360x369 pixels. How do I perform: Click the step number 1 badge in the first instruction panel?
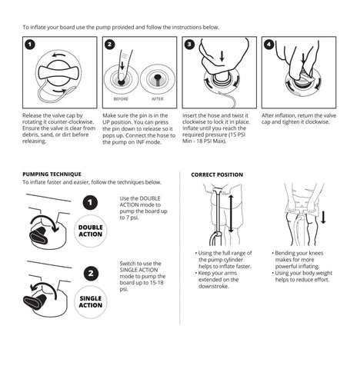[x=30, y=45]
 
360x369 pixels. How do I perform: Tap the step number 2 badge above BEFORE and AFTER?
[x=109, y=45]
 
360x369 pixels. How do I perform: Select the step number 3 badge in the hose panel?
[x=189, y=45]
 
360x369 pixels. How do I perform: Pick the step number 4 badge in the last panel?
[x=269, y=45]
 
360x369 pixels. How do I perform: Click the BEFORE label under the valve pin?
[x=121, y=99]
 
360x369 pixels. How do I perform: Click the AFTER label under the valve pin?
[x=157, y=99]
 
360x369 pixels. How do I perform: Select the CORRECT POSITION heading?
[x=217, y=175]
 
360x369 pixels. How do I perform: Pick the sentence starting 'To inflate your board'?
[x=121, y=27]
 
